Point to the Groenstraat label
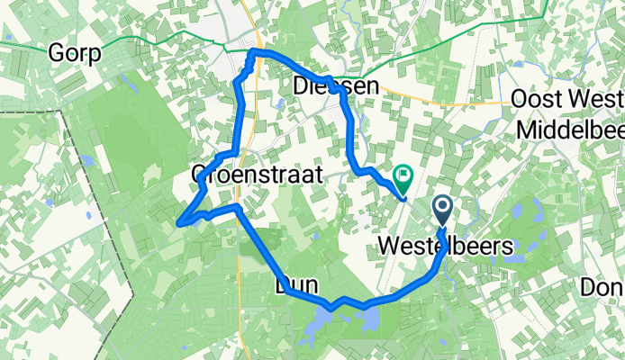pos(257,175)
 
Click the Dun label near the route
pos(294,285)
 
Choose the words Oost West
pos(567,99)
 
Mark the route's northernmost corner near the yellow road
pos(251,53)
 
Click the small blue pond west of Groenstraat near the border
pos(87,160)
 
